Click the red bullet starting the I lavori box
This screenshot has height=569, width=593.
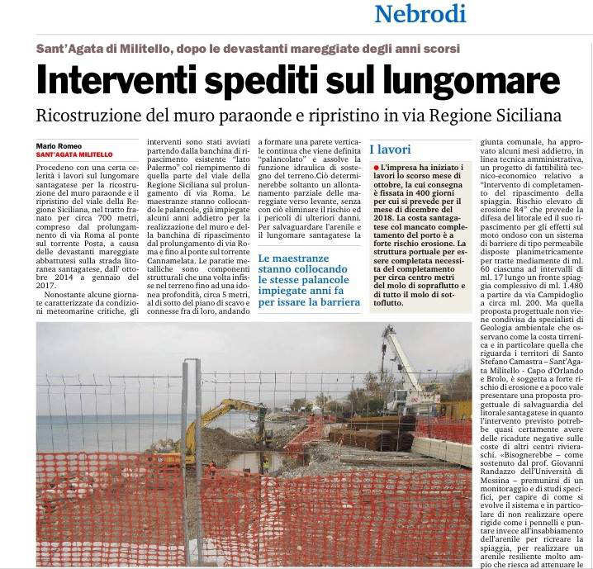(375, 168)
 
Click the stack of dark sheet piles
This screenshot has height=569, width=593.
(363, 438)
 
